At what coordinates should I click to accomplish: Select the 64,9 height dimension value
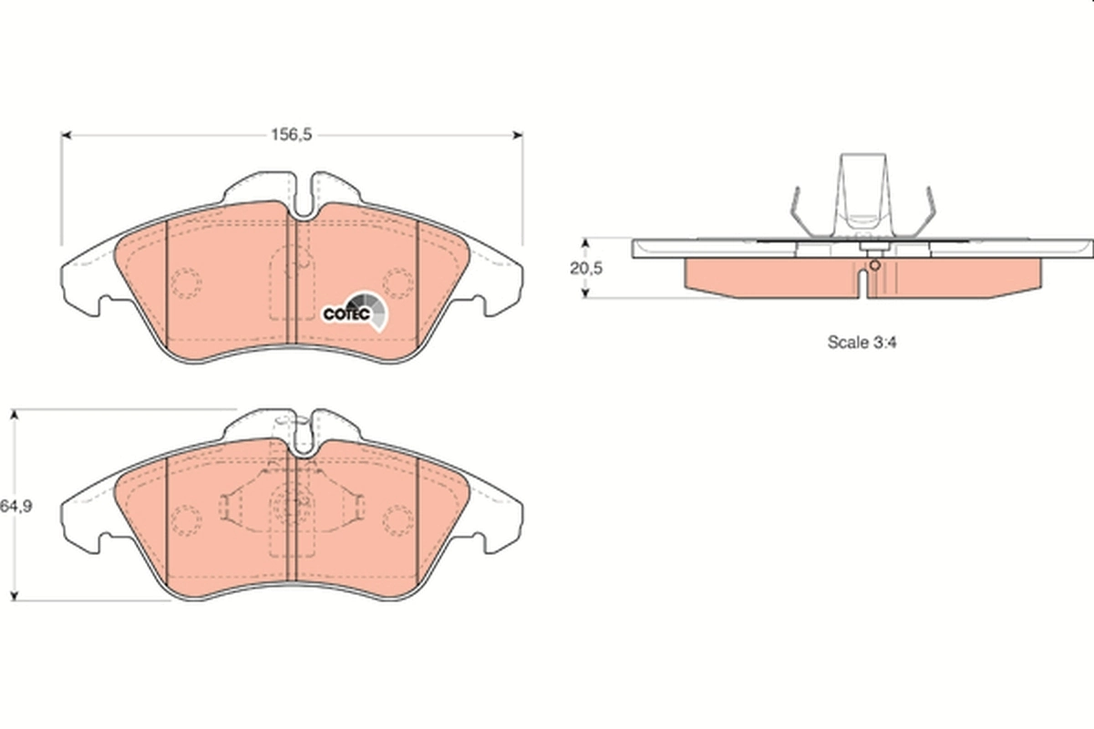[16, 507]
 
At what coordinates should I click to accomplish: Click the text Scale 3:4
[857, 343]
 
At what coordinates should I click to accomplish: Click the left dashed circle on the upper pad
[186, 284]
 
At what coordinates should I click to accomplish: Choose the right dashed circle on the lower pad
[397, 520]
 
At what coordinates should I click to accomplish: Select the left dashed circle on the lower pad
[186, 520]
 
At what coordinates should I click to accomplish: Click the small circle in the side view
[874, 266]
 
